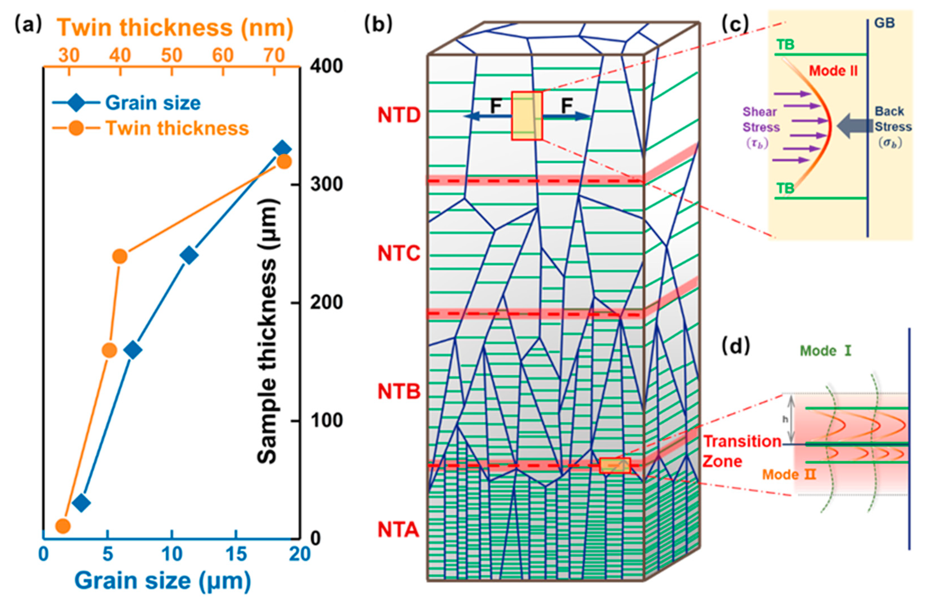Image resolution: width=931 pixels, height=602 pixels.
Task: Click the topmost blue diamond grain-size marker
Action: click(x=282, y=149)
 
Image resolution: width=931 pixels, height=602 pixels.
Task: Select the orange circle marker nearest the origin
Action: click(x=63, y=526)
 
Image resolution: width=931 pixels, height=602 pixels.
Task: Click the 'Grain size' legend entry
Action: click(x=152, y=103)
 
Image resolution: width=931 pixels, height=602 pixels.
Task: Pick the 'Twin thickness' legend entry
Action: click(x=177, y=128)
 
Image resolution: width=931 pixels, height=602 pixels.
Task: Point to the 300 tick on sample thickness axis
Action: click(x=327, y=184)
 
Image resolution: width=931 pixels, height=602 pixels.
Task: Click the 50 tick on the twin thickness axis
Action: click(x=172, y=56)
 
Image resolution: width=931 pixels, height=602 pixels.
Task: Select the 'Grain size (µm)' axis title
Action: click(x=163, y=581)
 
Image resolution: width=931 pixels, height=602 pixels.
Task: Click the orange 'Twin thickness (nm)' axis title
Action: click(x=175, y=28)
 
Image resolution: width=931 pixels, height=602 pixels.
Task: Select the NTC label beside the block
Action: click(x=399, y=254)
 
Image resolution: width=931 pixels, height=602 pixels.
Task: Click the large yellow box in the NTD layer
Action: click(x=527, y=116)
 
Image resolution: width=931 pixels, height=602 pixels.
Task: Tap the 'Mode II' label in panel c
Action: click(x=833, y=71)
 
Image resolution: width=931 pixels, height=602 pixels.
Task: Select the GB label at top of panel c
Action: click(x=884, y=23)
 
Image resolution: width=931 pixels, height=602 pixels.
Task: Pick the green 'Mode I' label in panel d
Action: click(x=825, y=351)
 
